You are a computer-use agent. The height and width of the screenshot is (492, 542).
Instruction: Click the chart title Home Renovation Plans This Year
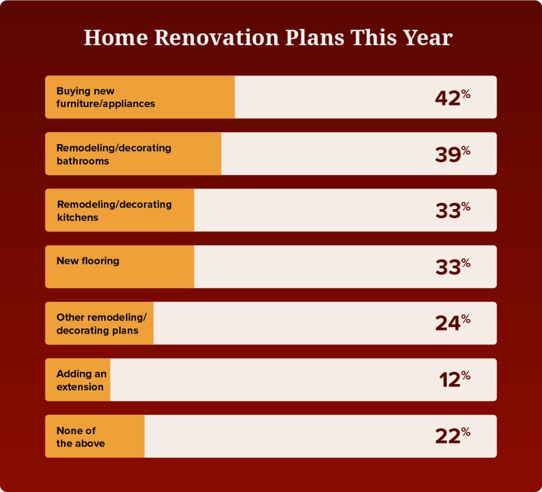[x=268, y=38]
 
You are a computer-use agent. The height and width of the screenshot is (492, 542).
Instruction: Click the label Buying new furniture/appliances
[x=106, y=97]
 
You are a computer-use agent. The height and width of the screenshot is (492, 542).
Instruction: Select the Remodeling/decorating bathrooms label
[x=114, y=154]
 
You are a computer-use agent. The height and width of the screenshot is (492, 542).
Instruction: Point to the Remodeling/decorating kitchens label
[x=114, y=210]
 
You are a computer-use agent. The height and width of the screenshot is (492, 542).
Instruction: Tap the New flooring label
[x=88, y=261]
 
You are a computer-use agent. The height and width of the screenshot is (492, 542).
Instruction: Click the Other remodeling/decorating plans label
[x=101, y=324]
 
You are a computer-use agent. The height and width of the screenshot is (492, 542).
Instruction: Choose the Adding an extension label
[x=82, y=380]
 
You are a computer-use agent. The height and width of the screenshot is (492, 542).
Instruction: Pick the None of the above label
[x=80, y=437]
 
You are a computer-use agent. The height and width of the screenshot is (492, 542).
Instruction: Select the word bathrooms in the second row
[x=83, y=161]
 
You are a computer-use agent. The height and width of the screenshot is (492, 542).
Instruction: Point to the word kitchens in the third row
[x=77, y=217]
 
